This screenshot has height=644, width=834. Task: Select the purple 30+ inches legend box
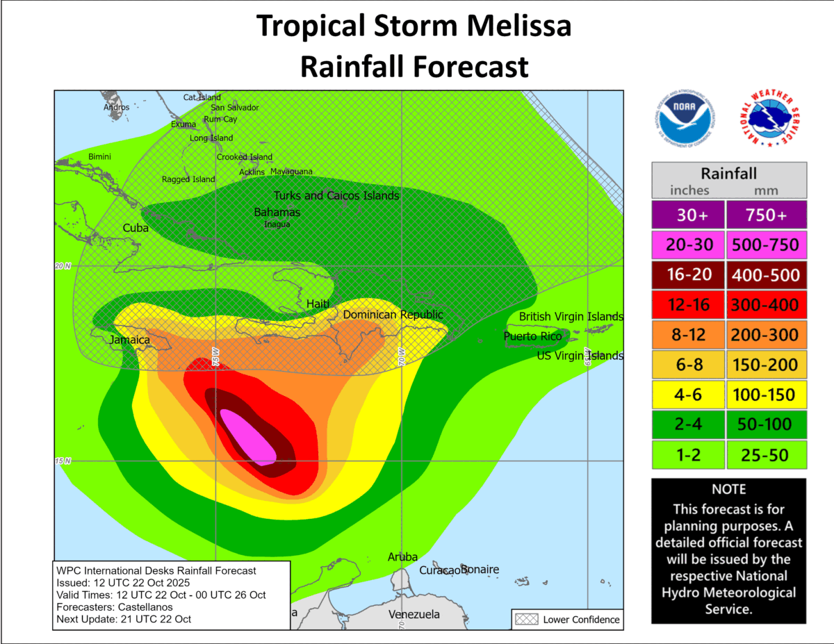[x=687, y=215]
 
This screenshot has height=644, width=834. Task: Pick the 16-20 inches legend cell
[x=687, y=275]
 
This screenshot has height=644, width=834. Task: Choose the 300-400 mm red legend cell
[x=767, y=305]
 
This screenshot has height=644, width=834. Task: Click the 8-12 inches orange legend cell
[x=687, y=335]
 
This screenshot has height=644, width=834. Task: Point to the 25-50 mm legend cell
[x=767, y=455]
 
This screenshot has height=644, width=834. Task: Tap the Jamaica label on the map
[x=129, y=340]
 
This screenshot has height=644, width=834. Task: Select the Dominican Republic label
[x=393, y=315]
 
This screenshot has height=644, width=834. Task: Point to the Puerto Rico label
[x=532, y=336]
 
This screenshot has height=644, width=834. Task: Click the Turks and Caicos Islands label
[x=336, y=196]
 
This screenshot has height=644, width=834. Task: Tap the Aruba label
[x=402, y=557]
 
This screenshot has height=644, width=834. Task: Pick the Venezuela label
[x=414, y=615]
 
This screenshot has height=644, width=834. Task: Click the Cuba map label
[x=136, y=228]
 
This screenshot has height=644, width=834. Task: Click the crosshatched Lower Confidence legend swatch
[x=525, y=619]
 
